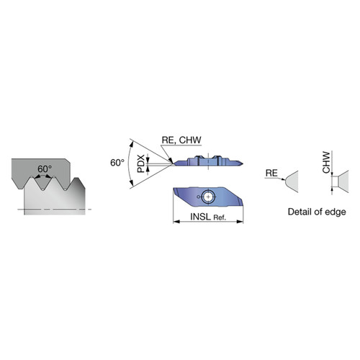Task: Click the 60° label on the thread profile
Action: click(x=45, y=169)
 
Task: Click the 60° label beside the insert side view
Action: click(x=117, y=163)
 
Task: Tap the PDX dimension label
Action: click(x=141, y=163)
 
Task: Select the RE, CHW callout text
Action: click(x=181, y=140)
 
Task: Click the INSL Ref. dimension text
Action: click(x=208, y=217)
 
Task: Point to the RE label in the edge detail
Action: click(x=271, y=173)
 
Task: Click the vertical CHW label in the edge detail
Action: click(x=326, y=162)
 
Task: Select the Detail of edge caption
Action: click(x=317, y=212)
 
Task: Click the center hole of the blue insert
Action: click(x=208, y=197)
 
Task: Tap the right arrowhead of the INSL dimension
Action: click(x=240, y=222)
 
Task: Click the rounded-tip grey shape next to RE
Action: click(x=292, y=181)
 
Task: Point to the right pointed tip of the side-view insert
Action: click(x=243, y=163)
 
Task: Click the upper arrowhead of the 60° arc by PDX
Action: click(x=131, y=144)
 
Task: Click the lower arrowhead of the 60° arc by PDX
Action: click(x=131, y=183)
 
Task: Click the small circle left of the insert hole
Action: click(x=198, y=197)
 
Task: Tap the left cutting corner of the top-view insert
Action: click(x=174, y=189)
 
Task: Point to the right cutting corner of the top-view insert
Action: click(x=243, y=205)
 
